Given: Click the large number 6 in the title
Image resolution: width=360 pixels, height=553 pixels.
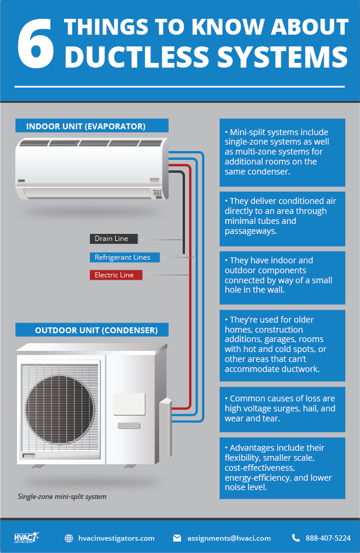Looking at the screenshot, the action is [x=36, y=43].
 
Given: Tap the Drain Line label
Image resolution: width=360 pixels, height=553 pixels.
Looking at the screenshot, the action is [x=113, y=239].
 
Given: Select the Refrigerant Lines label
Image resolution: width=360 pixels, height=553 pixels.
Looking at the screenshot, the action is [x=125, y=257].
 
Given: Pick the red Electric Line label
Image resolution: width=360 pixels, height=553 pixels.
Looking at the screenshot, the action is [x=116, y=275].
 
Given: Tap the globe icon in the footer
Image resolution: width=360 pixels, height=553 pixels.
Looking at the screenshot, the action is [x=69, y=538].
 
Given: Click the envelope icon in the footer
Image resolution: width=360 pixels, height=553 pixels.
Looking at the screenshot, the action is [x=177, y=538].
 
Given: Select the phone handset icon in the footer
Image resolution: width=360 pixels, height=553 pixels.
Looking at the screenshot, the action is [x=295, y=538].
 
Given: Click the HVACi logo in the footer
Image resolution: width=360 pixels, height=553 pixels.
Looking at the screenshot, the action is [x=26, y=538].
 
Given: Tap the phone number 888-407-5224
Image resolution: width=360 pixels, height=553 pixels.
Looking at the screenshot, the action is [x=328, y=538].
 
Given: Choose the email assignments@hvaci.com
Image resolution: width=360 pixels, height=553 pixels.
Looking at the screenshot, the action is [x=229, y=538].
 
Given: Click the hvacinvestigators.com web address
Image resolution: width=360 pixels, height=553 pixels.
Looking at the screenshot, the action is [x=116, y=538].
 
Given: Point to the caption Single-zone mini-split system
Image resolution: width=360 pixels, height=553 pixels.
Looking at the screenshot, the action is [x=62, y=497].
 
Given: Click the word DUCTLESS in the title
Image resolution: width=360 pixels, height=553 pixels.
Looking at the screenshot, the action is [x=137, y=56].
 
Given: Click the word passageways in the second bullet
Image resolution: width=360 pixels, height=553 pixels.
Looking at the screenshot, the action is [x=251, y=232].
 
